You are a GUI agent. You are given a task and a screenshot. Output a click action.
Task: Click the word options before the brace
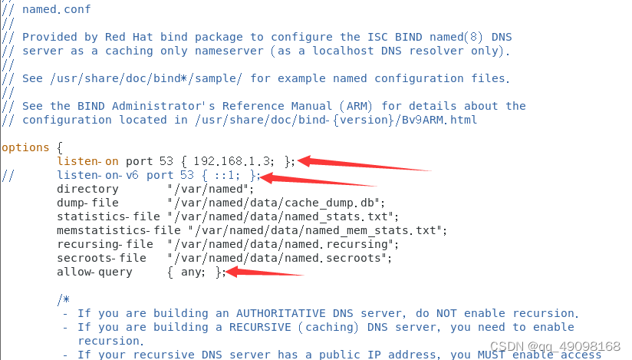pos(25,147)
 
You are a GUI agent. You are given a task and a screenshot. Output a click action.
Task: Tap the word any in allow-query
pos(192,272)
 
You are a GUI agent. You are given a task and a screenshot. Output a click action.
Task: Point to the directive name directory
pos(87,189)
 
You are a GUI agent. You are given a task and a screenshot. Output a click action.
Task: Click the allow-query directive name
pos(94,272)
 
